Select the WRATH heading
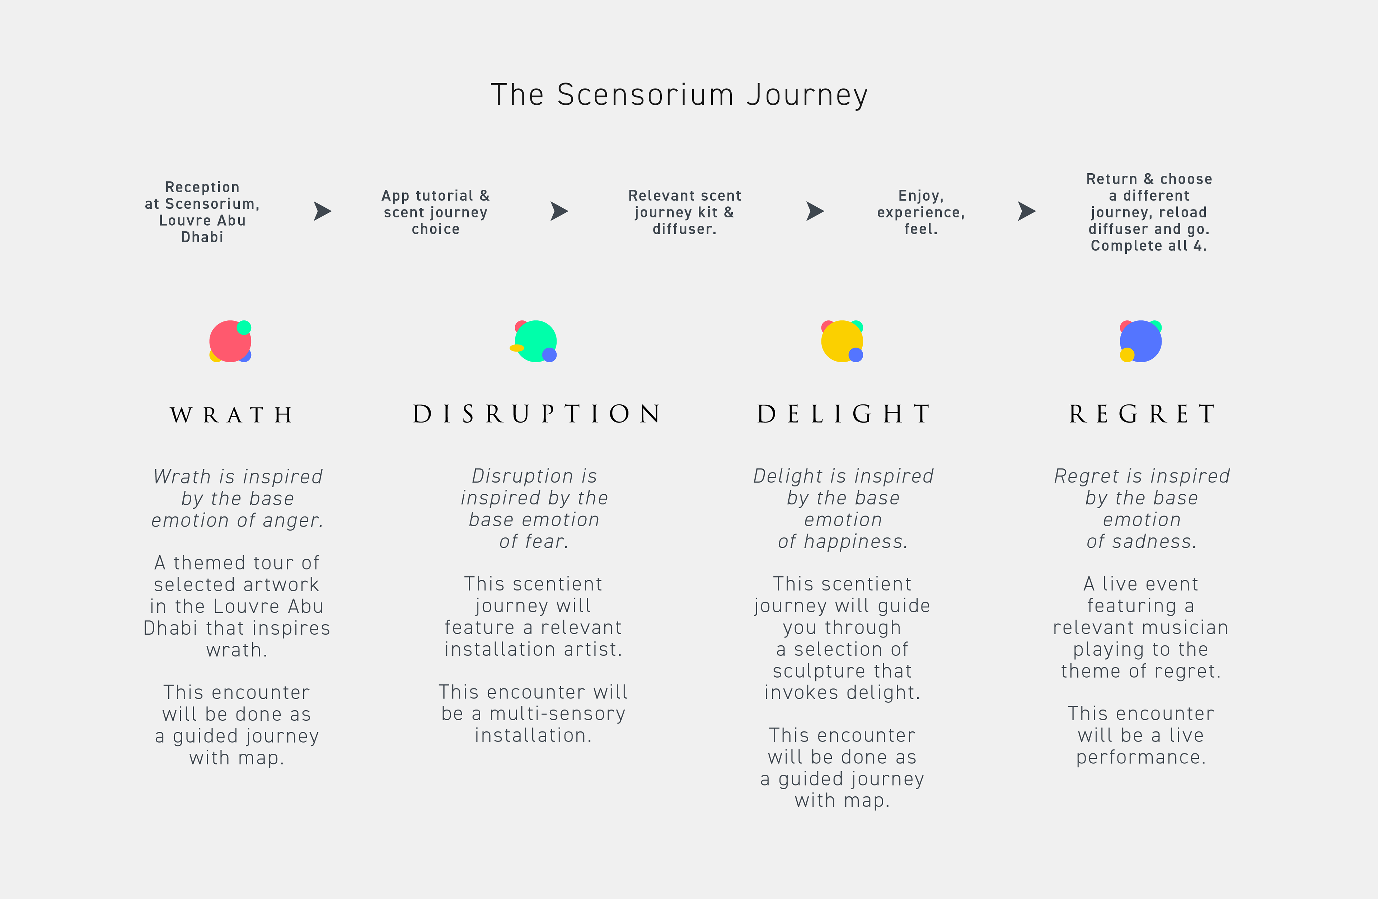click(231, 415)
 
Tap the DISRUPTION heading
click(537, 414)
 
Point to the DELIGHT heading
click(844, 414)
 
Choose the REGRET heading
click(1142, 414)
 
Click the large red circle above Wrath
click(228, 342)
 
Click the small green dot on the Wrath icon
click(244, 328)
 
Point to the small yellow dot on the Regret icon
click(1127, 354)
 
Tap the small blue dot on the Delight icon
click(856, 355)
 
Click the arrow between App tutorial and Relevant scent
click(559, 211)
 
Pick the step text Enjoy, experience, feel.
click(920, 212)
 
